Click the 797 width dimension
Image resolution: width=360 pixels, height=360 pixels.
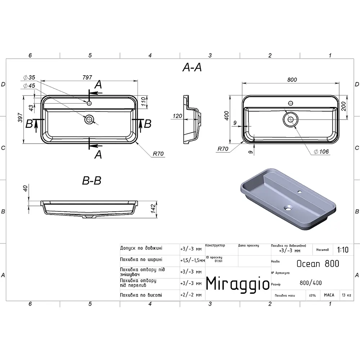(87, 77)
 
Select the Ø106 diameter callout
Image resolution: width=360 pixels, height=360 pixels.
(321, 152)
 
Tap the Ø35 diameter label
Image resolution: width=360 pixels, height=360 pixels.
(29, 77)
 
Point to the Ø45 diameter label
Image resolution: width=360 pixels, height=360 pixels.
(29, 86)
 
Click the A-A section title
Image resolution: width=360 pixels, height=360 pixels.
(192, 67)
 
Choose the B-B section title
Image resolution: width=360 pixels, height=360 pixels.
(91, 180)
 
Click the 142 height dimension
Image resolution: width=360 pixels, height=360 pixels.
(153, 208)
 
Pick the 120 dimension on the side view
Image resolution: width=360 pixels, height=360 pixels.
(177, 116)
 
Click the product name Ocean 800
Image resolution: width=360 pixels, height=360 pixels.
(318, 264)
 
